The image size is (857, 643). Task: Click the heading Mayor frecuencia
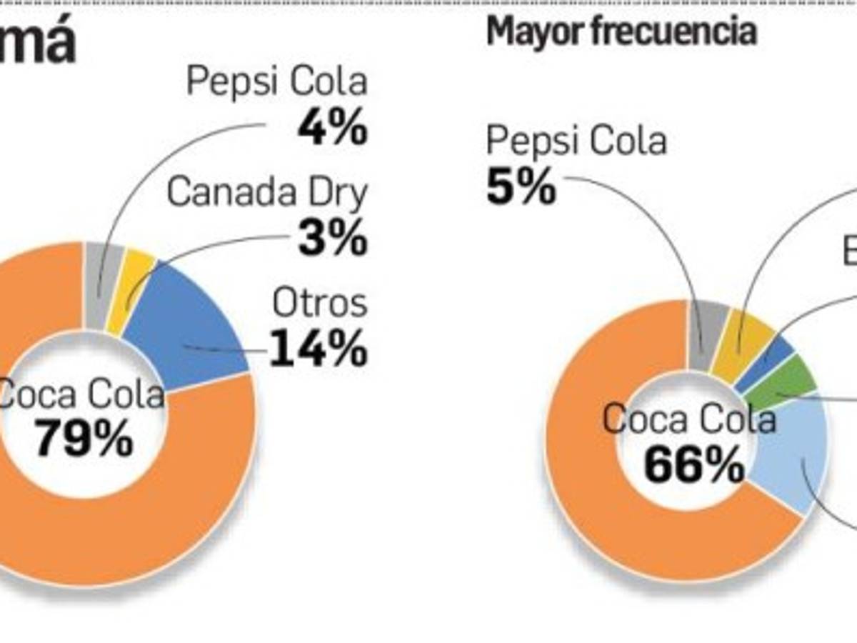[x=621, y=32]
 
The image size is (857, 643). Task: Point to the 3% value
[x=332, y=239]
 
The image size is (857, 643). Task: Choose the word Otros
[x=319, y=303]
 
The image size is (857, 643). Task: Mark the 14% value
[x=318, y=349]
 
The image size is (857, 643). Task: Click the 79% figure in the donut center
[x=84, y=437]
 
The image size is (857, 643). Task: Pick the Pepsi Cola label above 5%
[x=576, y=141]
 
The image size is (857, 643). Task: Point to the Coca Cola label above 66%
[x=689, y=419]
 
